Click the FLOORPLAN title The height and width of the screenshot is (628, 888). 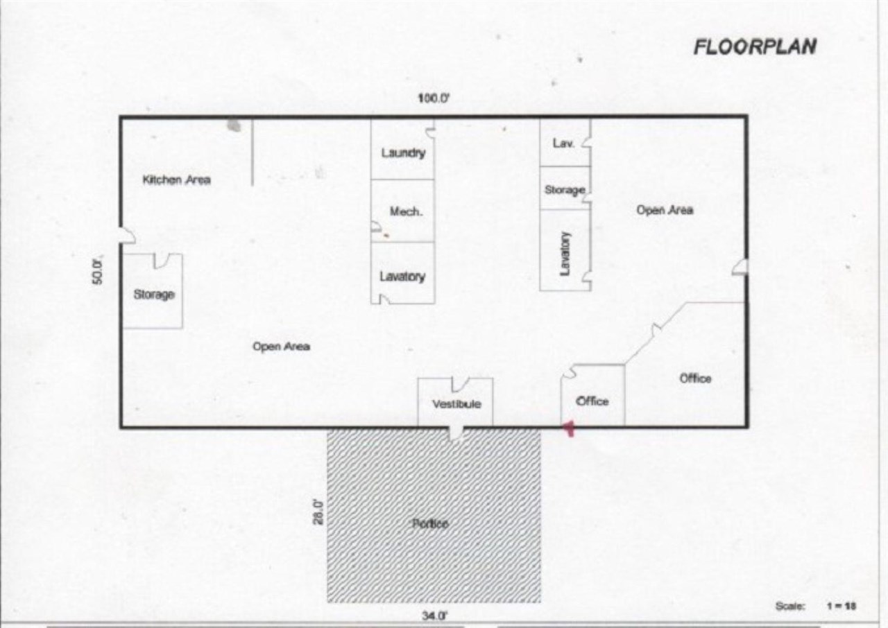coord(755,46)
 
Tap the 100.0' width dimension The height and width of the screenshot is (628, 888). coord(434,98)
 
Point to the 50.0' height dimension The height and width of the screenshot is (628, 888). coord(99,270)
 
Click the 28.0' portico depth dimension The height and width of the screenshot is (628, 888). coord(318,512)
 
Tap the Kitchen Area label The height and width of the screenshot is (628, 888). coord(176,180)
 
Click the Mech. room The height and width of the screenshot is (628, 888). coord(404,211)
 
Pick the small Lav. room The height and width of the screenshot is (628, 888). coord(563,143)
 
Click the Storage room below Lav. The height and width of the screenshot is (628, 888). coord(564,189)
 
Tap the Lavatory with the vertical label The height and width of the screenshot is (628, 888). coord(565,251)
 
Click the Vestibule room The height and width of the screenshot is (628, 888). coord(456,403)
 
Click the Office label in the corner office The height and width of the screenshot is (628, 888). coord(695,378)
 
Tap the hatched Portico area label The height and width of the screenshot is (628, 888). coord(431,523)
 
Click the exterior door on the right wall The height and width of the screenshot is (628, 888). coord(740,268)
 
